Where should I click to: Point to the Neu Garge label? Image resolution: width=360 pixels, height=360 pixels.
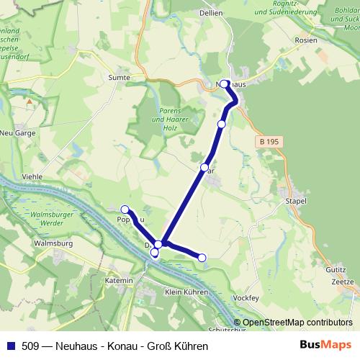(x=17, y=133)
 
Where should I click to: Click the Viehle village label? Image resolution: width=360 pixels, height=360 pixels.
(x=33, y=176)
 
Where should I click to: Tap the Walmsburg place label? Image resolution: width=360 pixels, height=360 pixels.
(x=53, y=243)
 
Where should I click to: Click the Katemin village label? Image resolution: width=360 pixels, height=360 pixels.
(x=118, y=279)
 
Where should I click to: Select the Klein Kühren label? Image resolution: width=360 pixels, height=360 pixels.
(x=186, y=292)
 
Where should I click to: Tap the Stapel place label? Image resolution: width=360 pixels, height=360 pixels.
(x=296, y=201)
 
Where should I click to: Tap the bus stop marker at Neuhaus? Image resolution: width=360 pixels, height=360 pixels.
(x=224, y=84)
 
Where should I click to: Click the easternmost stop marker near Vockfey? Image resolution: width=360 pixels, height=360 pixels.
(x=202, y=258)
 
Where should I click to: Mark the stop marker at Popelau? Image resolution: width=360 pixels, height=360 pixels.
(x=125, y=210)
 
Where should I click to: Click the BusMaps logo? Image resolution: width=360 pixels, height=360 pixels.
(x=325, y=346)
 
